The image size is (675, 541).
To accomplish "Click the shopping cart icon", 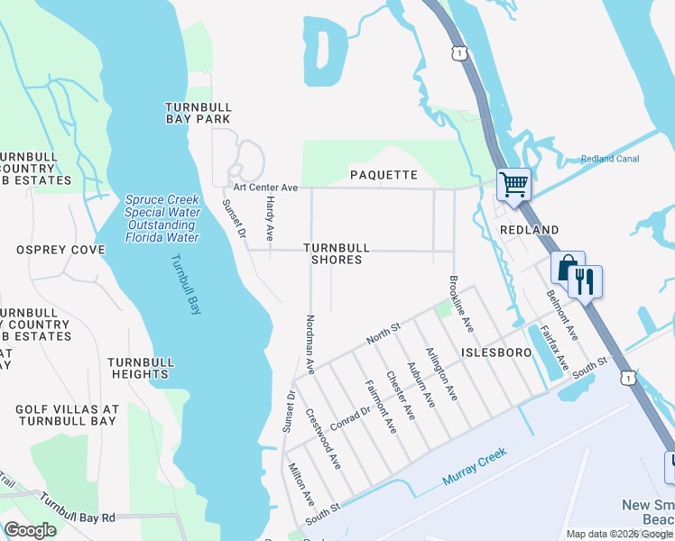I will click(513, 185).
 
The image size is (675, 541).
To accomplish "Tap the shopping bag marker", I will click(568, 268).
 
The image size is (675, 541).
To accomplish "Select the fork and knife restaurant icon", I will click(585, 282).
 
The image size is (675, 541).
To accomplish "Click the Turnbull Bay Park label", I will click(198, 113).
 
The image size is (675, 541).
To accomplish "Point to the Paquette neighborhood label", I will click(384, 175).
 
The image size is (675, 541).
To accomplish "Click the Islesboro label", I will click(495, 352).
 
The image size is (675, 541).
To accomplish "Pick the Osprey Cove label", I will click(60, 250).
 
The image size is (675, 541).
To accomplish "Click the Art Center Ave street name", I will click(265, 188).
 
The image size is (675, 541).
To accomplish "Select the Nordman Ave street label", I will click(310, 344).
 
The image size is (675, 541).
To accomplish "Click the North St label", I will click(383, 334).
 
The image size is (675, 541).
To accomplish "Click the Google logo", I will click(31, 530).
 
